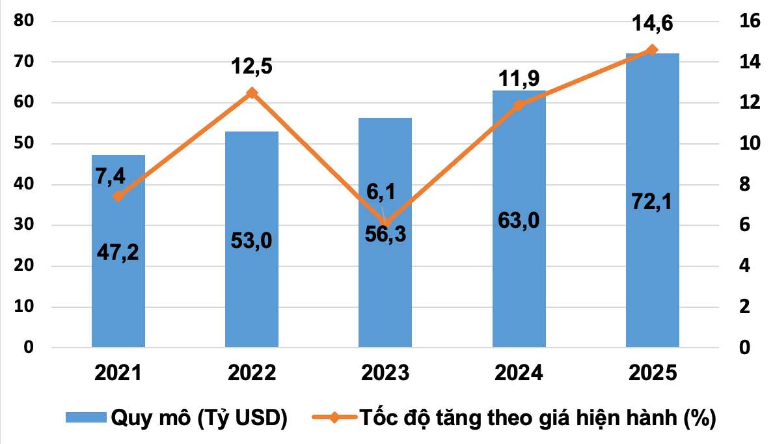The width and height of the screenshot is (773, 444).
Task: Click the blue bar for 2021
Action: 118,293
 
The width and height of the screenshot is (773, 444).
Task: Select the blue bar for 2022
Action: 252,293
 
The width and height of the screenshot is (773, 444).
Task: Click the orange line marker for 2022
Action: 252,93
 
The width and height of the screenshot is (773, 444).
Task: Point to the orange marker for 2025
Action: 652,50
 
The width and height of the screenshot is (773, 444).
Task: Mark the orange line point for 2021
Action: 118,197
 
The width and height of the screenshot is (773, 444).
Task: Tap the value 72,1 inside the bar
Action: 652,201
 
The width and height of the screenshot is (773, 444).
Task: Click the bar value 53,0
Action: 252,240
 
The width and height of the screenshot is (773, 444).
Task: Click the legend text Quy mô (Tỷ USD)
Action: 200,417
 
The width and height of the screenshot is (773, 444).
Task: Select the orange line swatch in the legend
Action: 333,417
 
